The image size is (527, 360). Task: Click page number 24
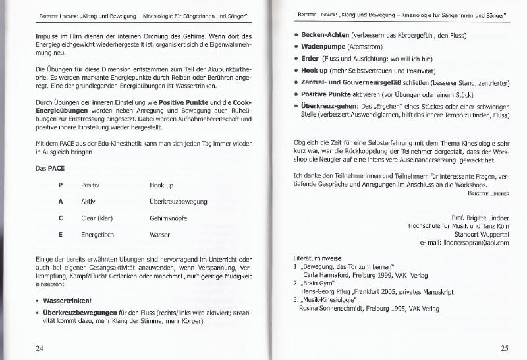point(40,347)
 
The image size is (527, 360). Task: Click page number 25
point(504,348)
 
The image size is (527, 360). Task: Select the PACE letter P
point(60,185)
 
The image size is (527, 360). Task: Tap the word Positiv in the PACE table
point(90,185)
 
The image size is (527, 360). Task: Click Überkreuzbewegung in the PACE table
point(178,201)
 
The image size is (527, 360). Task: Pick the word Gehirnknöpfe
point(169,218)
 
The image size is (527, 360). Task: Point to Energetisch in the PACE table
point(98,234)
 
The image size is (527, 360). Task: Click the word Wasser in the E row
point(160,234)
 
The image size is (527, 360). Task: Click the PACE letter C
point(60,218)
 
